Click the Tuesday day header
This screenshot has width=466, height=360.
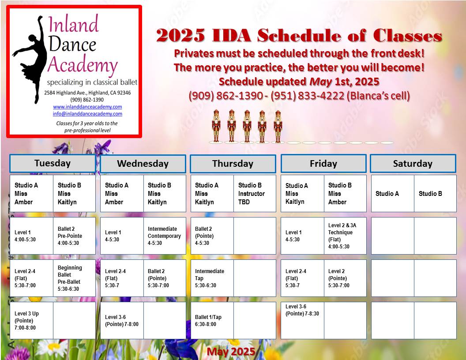(53, 163)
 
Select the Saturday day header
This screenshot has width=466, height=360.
(413, 163)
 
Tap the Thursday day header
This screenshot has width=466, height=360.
(233, 164)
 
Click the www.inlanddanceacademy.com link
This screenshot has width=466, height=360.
(87, 107)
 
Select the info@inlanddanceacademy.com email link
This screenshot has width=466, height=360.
(87, 114)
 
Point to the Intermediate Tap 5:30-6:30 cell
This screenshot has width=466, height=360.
(212, 278)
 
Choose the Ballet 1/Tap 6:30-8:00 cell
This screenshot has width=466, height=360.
(212, 320)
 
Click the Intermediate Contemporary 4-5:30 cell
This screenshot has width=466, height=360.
(165, 236)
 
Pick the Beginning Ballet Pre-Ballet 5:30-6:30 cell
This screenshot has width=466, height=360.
(74, 278)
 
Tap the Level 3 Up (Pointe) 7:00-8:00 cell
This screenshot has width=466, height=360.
(31, 320)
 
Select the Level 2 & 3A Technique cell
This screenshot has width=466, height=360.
(345, 236)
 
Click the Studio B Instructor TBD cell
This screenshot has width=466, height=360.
(255, 193)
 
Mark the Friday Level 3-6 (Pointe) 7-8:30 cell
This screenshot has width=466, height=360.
(302, 320)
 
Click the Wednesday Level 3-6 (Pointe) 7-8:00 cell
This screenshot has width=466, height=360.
(122, 320)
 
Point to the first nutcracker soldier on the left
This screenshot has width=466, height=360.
(216, 126)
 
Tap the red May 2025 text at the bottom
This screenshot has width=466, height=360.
(231, 351)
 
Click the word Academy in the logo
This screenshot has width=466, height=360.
(83, 65)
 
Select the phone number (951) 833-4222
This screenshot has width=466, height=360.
(307, 96)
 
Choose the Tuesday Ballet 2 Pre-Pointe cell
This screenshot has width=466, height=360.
(74, 236)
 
